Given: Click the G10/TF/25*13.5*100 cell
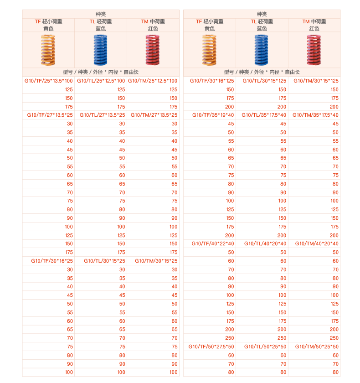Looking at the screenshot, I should tap(48, 81).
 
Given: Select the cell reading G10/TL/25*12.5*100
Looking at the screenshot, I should tap(101, 81).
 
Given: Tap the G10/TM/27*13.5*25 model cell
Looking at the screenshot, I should tap(154, 115).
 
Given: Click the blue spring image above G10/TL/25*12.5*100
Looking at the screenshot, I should tap(100, 50).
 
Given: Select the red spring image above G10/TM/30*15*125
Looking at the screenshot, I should tap(314, 50).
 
